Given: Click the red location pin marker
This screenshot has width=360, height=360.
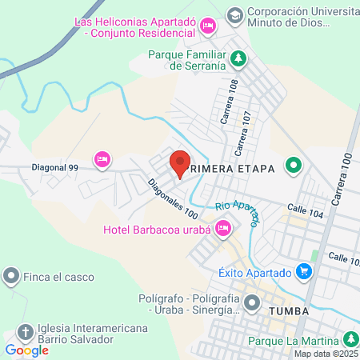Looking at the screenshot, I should coord(180,163).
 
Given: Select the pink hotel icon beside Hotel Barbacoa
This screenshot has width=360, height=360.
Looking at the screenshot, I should coord(224,230).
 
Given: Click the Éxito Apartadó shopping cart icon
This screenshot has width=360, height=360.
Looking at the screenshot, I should coord(303,273).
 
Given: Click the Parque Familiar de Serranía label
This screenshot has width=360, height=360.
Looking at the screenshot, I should coord(186,61).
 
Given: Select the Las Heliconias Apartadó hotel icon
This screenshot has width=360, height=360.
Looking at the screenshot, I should coord(208,26).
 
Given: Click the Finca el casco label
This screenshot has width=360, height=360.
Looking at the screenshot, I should coord(59,278).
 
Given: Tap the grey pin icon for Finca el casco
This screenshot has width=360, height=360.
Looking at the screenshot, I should coord(11,278).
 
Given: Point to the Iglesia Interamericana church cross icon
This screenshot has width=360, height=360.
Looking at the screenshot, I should coord(26,332).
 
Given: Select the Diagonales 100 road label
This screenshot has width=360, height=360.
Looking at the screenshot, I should coord(172,199).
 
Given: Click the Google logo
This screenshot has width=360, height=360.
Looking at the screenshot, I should coord(26,350).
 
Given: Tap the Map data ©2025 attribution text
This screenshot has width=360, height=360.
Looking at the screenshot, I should coord(326,354).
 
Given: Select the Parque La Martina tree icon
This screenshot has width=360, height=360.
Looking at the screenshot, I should coord(350,339).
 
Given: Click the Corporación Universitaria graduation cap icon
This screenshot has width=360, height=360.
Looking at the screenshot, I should coord(234,14).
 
